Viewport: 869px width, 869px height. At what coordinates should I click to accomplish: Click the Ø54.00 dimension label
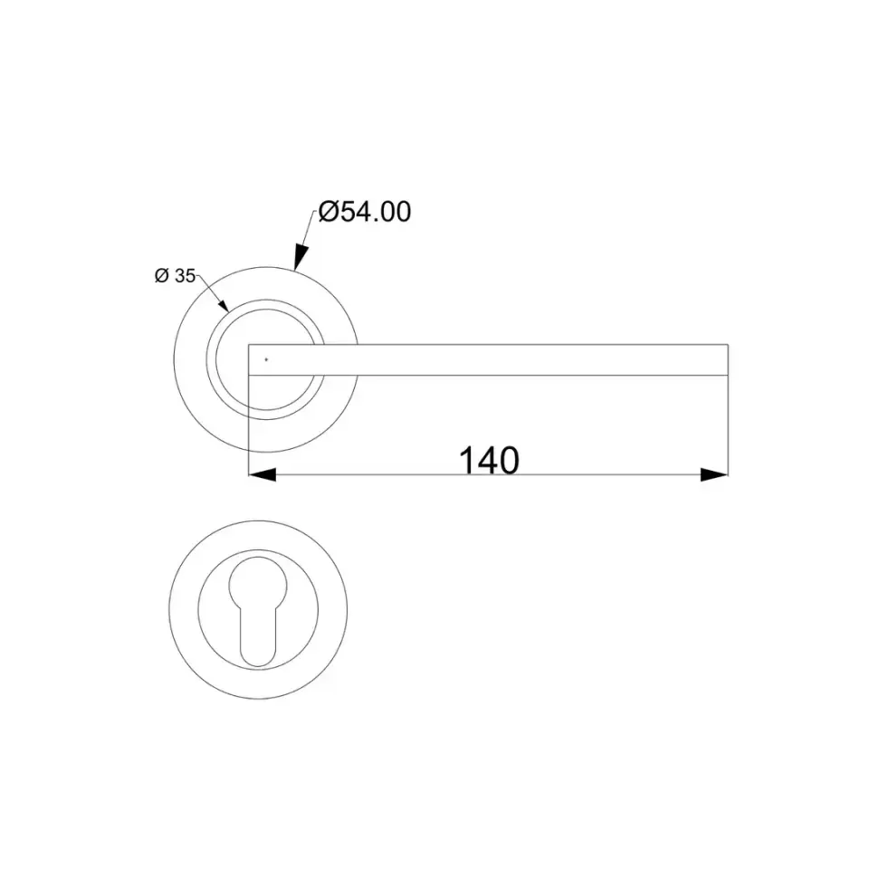coord(365,212)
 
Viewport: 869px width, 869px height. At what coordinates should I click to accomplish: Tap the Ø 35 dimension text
coord(175,275)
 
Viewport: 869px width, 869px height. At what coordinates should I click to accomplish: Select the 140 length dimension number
coord(490,461)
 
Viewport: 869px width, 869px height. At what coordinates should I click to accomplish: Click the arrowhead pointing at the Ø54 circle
coord(300,257)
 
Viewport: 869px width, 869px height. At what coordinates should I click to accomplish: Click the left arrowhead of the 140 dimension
coord(263,474)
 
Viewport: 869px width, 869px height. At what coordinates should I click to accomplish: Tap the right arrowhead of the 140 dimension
coord(714,474)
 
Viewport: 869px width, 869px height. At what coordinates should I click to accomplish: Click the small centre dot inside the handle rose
coord(266,359)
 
